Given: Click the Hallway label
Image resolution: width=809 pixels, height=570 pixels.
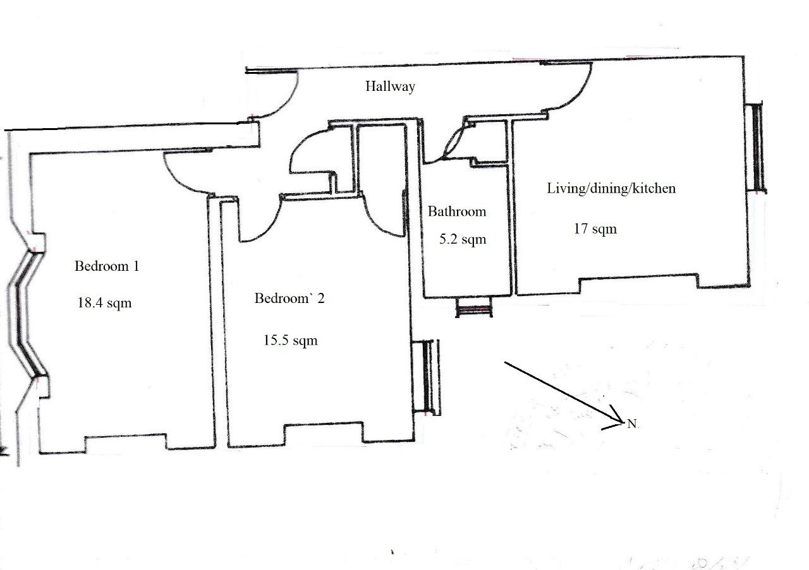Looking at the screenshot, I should [x=390, y=86].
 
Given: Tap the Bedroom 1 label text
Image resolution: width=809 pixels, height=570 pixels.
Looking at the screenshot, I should [x=106, y=266].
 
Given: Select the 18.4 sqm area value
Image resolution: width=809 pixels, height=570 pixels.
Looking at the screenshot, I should [x=104, y=302].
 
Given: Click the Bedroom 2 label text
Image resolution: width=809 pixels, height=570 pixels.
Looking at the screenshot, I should [x=289, y=298].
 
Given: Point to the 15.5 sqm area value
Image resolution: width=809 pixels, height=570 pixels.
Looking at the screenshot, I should [x=290, y=341].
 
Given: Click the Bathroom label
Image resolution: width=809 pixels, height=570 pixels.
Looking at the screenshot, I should [x=457, y=211].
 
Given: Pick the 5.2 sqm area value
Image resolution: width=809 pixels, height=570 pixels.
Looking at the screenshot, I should [x=462, y=239].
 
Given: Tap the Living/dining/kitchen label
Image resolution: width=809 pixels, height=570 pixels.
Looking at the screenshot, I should [x=611, y=188].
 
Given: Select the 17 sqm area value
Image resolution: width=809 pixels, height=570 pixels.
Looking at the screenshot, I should [x=595, y=229].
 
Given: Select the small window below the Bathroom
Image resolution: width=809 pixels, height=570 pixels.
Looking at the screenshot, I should [x=474, y=309].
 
